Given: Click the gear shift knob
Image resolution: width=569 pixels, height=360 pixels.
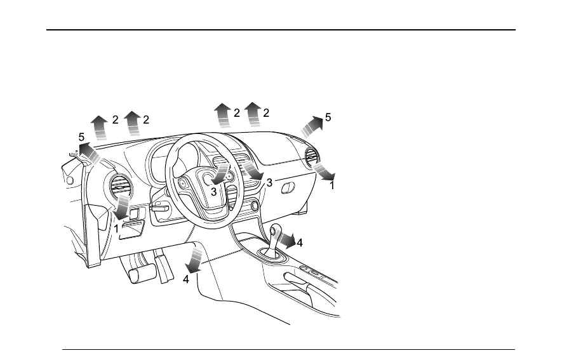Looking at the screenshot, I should (x=276, y=230).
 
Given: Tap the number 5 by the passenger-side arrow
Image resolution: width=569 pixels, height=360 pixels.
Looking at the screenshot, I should (x=328, y=117).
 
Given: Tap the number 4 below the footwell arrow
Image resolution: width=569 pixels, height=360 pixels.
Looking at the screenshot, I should (x=185, y=279).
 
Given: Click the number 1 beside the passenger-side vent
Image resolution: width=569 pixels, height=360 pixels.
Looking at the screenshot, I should (x=331, y=186).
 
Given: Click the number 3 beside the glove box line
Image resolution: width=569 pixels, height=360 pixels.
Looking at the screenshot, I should (x=269, y=183).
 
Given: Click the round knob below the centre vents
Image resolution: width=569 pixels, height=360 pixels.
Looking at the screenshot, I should (x=254, y=205).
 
